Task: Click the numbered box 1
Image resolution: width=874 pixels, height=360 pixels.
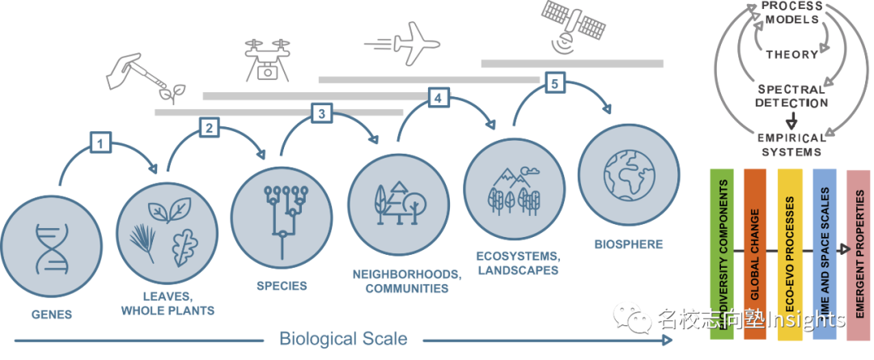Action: [x=100, y=144]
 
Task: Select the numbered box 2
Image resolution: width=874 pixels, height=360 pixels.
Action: [x=209, y=127]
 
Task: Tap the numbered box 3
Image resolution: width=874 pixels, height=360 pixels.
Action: [x=321, y=114]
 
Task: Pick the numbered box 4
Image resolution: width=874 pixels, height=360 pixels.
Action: [x=438, y=98]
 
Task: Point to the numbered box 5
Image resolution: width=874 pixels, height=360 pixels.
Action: [x=554, y=83]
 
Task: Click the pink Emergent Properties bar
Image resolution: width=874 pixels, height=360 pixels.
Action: [x=857, y=255]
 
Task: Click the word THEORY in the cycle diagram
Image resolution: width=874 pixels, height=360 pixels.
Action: [x=792, y=54]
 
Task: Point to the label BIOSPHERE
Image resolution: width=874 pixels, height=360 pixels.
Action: [x=628, y=244]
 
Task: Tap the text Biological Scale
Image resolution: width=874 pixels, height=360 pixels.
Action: [x=343, y=338]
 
